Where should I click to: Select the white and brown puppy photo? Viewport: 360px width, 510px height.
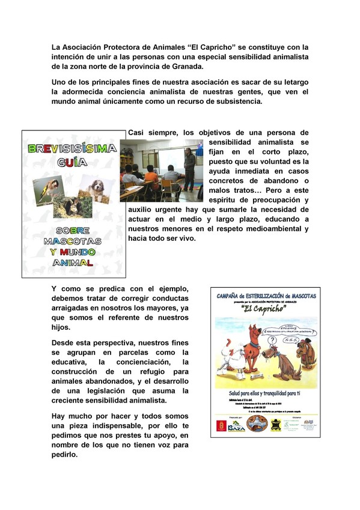96,189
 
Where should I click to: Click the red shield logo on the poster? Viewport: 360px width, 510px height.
221,425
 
